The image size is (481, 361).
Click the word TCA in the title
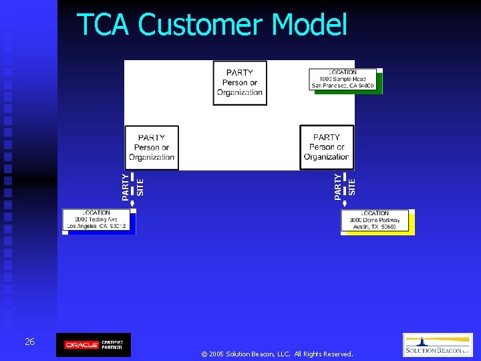104,25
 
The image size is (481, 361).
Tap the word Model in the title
309,25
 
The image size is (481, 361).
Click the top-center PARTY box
240,83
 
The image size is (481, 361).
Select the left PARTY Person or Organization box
152,148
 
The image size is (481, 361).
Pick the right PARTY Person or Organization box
327,148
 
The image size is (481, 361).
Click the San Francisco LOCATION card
343,80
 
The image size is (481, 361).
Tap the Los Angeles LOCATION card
98,220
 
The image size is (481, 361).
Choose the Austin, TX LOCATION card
375,221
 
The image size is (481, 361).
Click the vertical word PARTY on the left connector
126,187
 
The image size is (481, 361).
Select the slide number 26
29,342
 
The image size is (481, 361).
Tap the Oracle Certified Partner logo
94,345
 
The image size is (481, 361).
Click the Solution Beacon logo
438,345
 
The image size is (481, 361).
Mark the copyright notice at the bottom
277,354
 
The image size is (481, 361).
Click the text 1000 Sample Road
343,79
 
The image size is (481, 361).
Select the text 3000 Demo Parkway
375,220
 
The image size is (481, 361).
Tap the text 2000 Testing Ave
96,219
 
